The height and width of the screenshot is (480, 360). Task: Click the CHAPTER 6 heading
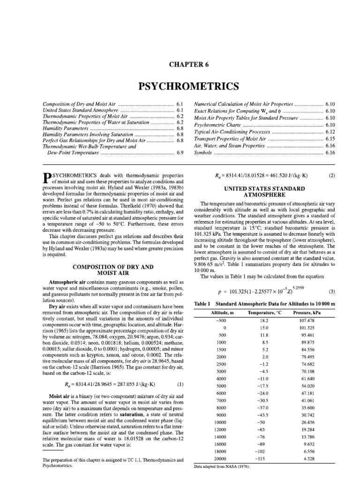(x=180, y=65)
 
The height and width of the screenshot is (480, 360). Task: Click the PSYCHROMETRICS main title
(x=180, y=87)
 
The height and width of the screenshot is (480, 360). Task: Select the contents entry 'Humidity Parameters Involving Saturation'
(x=85, y=134)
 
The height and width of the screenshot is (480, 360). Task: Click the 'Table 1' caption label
(x=202, y=303)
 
